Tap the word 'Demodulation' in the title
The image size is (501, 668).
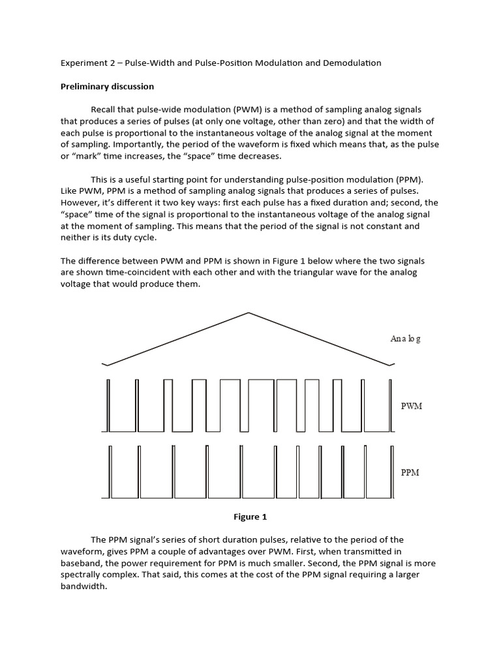tap(349, 63)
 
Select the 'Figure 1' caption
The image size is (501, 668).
tap(250, 517)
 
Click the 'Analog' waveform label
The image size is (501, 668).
tap(405, 339)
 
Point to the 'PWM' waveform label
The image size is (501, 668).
tap(411, 406)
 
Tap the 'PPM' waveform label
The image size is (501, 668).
tap(410, 472)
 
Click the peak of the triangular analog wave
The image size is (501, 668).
tap(248, 313)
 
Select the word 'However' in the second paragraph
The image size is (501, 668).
tap(80, 203)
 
